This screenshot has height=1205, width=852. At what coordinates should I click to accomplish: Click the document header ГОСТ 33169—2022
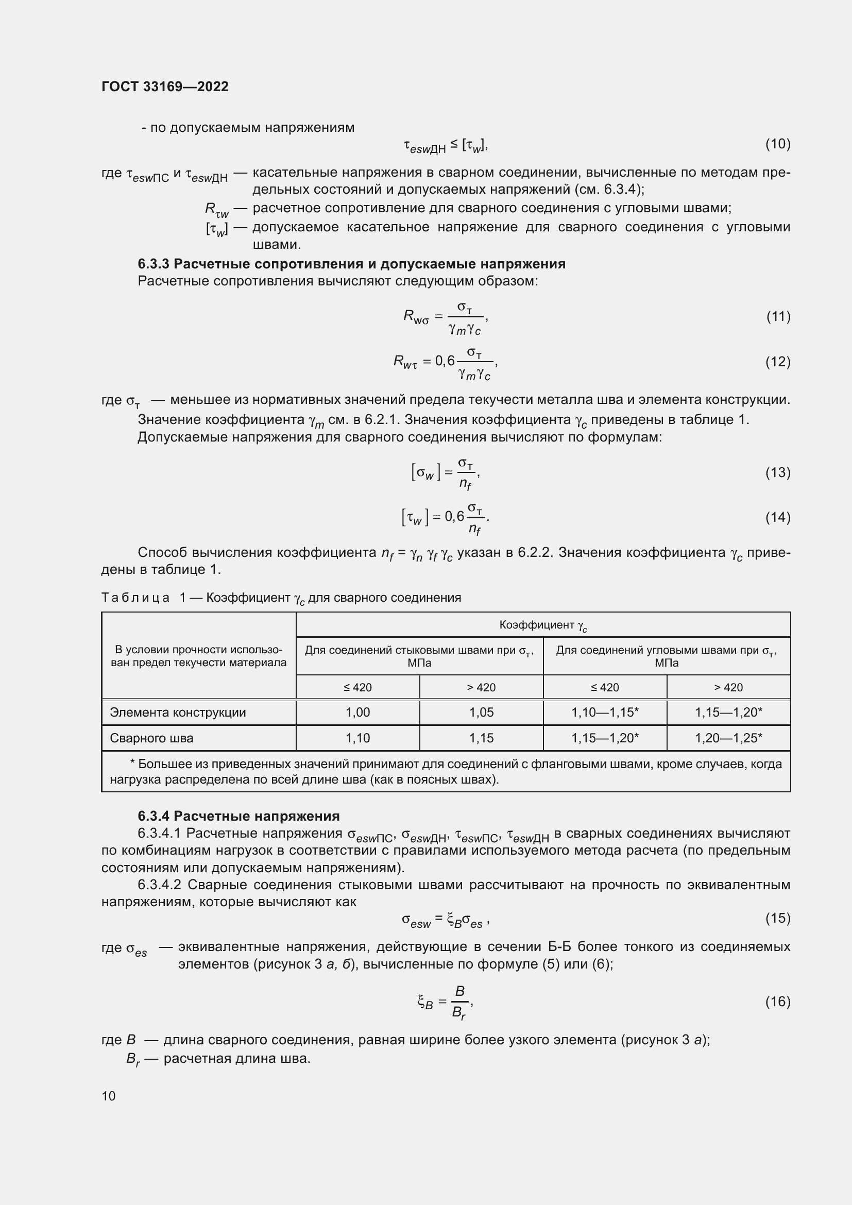165,87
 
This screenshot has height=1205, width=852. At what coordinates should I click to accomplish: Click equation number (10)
777,144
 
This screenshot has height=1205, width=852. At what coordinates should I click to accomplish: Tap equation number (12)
777,362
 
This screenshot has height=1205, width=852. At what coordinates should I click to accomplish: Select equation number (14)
777,517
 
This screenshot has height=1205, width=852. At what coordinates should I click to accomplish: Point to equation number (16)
777,1002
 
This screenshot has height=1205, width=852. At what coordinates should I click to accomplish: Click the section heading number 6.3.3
154,264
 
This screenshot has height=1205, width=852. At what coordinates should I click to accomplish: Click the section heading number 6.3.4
154,816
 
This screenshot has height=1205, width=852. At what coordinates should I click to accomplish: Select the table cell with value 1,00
358,712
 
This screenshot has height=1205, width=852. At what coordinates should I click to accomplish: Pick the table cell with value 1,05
481,712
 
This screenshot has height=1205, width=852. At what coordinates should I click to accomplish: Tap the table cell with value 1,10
358,738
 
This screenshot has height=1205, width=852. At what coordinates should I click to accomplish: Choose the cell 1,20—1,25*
728,738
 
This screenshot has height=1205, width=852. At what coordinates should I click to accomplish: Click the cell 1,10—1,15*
605,712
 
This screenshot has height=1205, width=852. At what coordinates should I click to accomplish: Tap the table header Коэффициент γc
543,625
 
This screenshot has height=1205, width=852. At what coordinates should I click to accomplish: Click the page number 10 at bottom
109,1096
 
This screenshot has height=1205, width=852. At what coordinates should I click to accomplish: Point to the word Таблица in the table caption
135,598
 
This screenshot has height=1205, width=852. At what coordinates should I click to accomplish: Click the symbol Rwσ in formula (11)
416,317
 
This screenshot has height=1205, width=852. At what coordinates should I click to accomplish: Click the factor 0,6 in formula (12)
445,362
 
